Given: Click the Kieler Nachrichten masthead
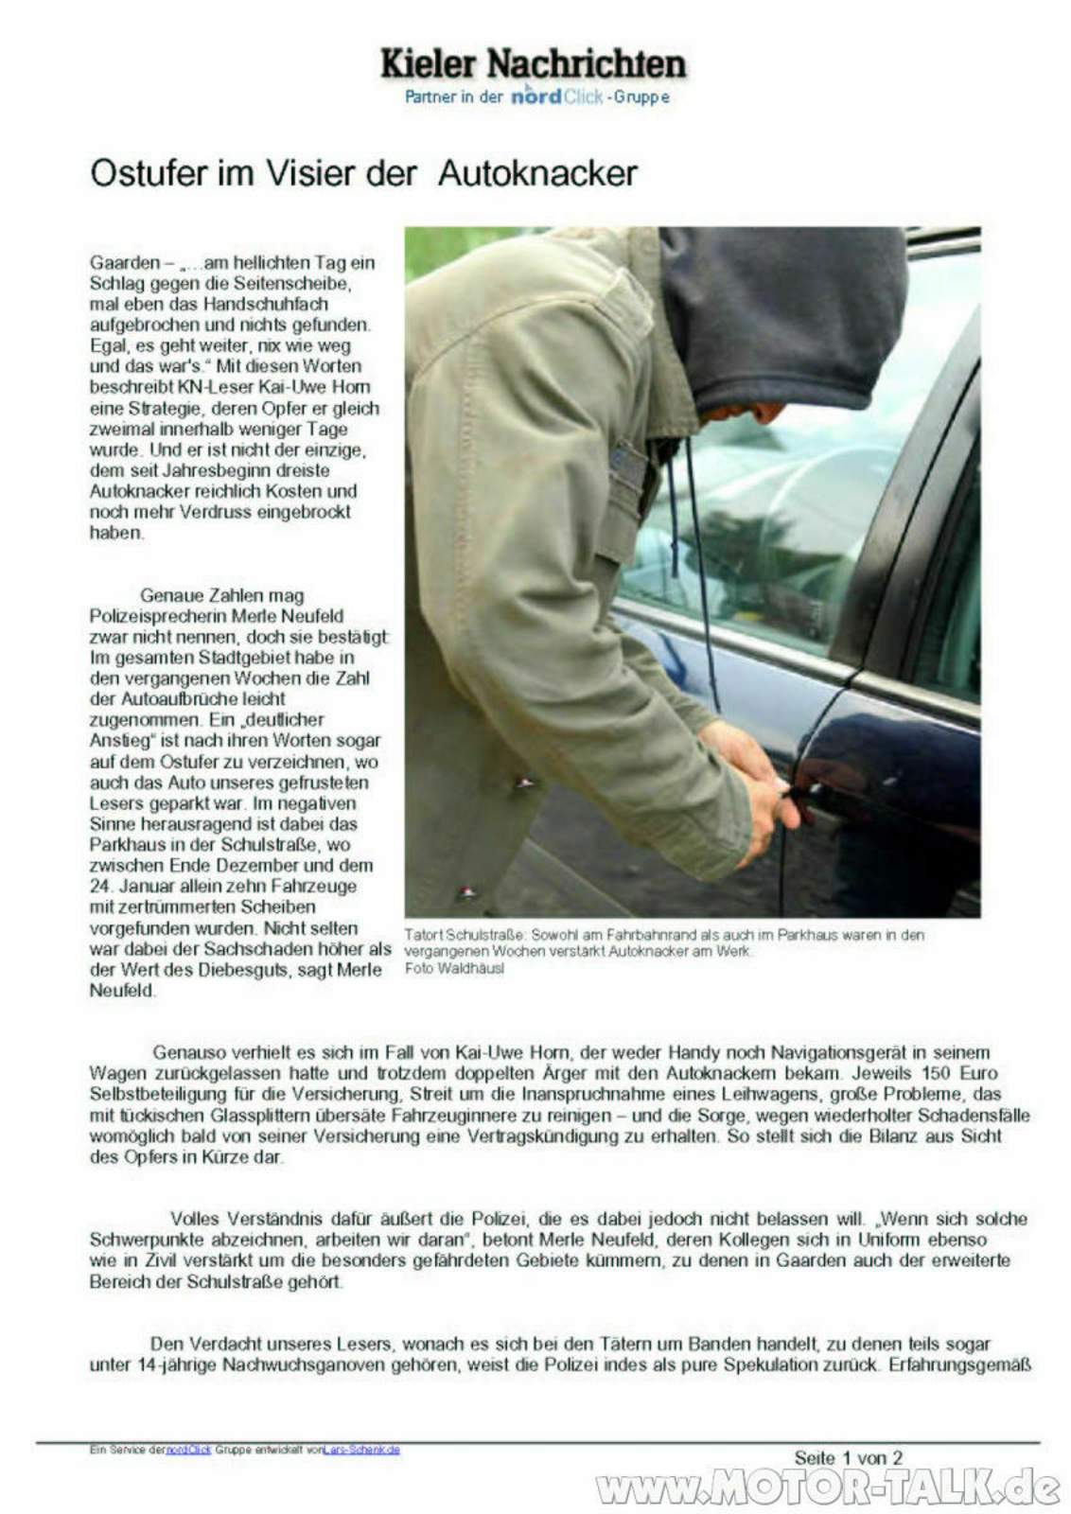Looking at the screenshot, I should (x=533, y=63).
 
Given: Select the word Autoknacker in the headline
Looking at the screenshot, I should (x=537, y=173).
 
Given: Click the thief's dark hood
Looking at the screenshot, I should (x=785, y=312).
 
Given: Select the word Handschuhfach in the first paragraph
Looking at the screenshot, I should (x=272, y=304).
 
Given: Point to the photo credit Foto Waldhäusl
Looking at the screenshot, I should (x=454, y=968).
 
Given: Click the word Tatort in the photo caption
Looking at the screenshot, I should (x=423, y=935).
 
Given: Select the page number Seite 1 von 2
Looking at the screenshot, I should (x=848, y=1458).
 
